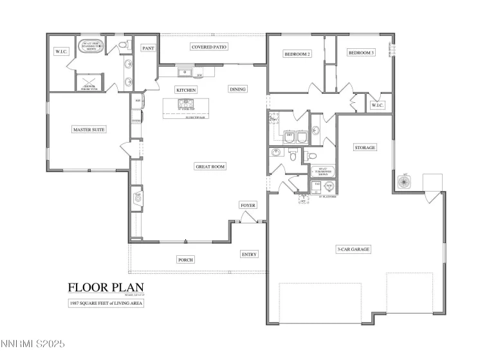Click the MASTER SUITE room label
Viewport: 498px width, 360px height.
click(x=89, y=130)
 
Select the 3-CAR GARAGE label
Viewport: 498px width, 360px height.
click(x=353, y=249)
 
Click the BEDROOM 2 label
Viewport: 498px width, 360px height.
click(x=297, y=54)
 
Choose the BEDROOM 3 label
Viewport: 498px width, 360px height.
click(x=361, y=53)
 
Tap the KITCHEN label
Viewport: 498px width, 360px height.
click(x=186, y=90)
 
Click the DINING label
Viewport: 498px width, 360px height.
click(x=237, y=89)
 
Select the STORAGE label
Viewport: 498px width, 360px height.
click(x=365, y=148)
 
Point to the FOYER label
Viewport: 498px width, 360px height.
click(x=248, y=206)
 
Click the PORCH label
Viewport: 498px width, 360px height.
click(x=186, y=260)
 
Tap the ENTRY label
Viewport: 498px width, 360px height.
click(x=249, y=255)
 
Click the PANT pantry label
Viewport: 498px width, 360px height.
click(x=148, y=48)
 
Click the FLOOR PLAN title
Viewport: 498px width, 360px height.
click(x=106, y=287)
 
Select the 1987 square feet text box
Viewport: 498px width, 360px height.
click(x=106, y=303)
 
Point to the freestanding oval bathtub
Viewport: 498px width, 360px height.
click(x=89, y=48)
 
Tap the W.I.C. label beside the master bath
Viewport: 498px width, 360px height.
click(x=61, y=52)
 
